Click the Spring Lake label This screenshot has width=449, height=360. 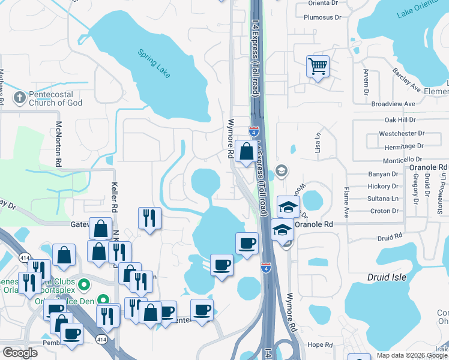pyautogui.click(x=154, y=63)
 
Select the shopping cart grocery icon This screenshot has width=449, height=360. pyautogui.click(x=318, y=65)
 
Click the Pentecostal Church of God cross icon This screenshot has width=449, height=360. pyautogui.click(x=19, y=97)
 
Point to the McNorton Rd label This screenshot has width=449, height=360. pyautogui.click(x=59, y=144)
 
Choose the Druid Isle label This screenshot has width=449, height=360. pyautogui.click(x=387, y=277)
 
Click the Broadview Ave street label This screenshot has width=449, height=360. pyautogui.click(x=393, y=104)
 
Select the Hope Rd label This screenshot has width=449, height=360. pyautogui.click(x=319, y=345)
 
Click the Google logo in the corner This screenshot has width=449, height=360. pyautogui.click(x=19, y=352)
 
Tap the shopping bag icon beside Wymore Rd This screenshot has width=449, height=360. pyautogui.click(x=246, y=151)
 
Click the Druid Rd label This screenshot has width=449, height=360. pyautogui.click(x=389, y=238)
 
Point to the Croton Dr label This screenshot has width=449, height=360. pyautogui.click(x=385, y=211)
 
